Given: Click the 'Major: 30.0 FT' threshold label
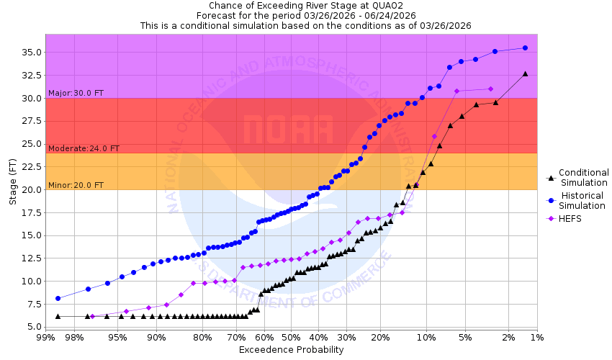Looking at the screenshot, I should [x=75, y=93].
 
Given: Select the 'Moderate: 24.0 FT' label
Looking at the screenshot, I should [x=84, y=148].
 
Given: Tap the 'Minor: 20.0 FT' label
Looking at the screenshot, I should [x=76, y=185].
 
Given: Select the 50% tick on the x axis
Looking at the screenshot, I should [x=291, y=337].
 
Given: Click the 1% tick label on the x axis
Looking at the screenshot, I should [x=536, y=337].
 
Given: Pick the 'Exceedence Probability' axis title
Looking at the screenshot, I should [x=291, y=350].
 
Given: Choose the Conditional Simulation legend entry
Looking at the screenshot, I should [x=583, y=177].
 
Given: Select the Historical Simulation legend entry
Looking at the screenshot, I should [x=583, y=200].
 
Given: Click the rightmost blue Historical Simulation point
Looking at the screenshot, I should [x=525, y=48].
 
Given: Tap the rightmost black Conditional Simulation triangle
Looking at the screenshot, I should [x=525, y=73].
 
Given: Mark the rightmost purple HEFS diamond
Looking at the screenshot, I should [x=490, y=89].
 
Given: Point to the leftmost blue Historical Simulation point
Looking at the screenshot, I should [x=58, y=298].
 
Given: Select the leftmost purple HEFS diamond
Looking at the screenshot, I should [x=92, y=316].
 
